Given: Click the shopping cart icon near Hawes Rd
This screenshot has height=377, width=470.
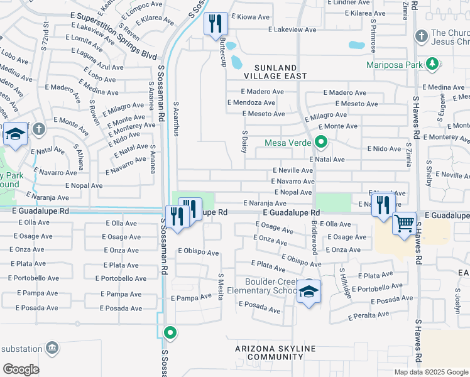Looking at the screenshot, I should click(404, 224).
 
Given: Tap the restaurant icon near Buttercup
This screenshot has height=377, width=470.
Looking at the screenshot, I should click(215, 24).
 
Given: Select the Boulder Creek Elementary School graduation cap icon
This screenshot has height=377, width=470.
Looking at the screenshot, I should click(309, 292).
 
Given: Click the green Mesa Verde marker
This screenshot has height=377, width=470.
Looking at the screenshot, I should click(321, 142).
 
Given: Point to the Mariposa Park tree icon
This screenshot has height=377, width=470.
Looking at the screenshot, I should click(432, 64).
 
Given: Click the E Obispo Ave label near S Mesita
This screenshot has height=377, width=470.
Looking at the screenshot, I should click(198, 253).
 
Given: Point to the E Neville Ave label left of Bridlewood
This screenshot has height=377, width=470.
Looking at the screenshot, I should click(292, 170).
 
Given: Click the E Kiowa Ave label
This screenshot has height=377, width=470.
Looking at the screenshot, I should click(253, 17).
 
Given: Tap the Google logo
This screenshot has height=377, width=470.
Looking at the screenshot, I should click(21, 369).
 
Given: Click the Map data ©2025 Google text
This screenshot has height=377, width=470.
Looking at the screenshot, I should click(431, 372).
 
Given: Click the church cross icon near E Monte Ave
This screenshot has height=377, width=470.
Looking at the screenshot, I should click(39, 129).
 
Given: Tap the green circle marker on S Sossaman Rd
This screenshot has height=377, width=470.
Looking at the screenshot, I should click(170, 332).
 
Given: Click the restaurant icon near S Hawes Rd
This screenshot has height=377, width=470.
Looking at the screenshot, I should click(381, 204).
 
